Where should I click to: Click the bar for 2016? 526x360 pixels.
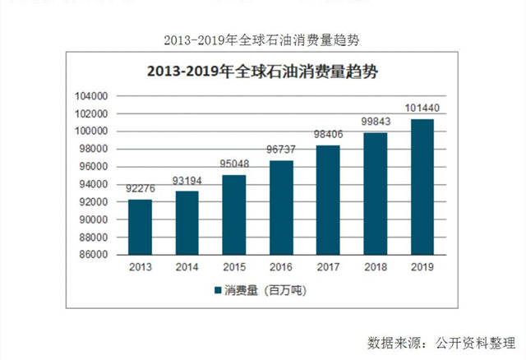[281, 207]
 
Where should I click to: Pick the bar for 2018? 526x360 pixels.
[376, 194]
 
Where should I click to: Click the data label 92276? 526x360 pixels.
[140, 189]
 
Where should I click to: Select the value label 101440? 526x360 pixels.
[422, 108]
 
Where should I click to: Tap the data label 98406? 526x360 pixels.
[328, 135]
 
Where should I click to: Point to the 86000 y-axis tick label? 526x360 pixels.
[95, 255]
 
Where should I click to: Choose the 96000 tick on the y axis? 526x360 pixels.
[95, 167]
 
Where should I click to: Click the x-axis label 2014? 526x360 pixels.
[187, 268]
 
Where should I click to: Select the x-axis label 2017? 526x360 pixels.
[328, 268]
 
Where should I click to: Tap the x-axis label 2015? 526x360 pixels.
[233, 268]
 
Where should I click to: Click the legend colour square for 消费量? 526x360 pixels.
[217, 291]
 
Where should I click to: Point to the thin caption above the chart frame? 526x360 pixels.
[263, 39]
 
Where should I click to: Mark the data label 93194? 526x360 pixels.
[187, 180]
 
